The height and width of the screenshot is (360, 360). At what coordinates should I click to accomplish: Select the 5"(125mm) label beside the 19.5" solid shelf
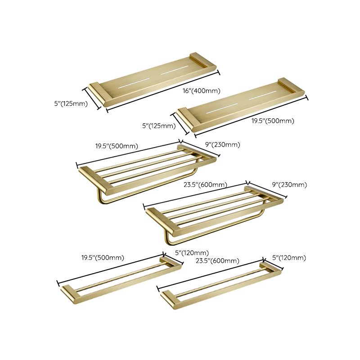point(159,126)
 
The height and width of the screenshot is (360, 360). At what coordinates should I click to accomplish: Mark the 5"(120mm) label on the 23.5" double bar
point(289,258)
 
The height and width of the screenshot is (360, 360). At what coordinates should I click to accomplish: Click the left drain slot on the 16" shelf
point(135,82)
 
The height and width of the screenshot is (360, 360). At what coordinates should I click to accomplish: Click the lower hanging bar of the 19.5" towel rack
point(148,185)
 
